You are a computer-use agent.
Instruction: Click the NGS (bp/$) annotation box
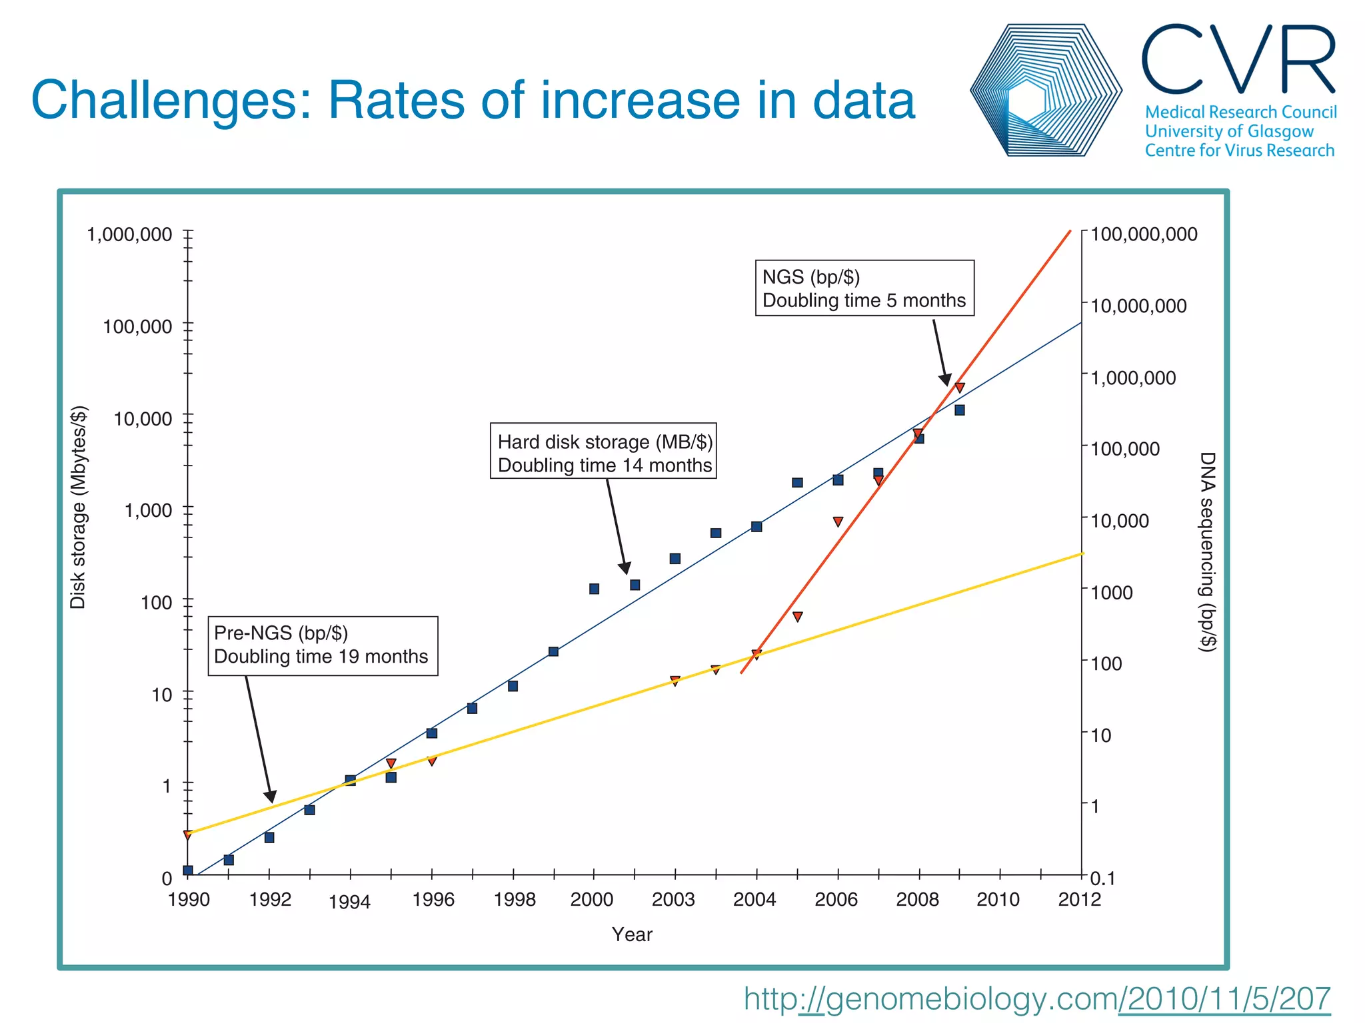864,288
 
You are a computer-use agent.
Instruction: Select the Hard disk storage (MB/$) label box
603,451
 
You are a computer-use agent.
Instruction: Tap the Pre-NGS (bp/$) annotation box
323,645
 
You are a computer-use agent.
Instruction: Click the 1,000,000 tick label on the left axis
129,234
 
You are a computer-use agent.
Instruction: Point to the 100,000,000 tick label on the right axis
1144,234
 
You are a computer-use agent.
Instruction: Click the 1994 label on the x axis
349,902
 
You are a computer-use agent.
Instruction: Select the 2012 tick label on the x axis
1079,900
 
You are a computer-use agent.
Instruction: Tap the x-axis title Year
632,934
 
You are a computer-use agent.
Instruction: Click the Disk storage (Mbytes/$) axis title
78,507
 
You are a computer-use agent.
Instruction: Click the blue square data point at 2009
960,410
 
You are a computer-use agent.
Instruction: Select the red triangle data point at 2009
960,388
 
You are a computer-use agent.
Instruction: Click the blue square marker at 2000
594,589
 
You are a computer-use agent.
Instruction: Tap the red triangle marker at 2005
797,617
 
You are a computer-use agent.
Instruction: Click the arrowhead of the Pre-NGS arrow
271,797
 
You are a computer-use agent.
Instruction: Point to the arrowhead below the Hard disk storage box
625,568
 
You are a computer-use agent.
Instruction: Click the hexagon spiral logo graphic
1045,91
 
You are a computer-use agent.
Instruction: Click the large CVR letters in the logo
1238,60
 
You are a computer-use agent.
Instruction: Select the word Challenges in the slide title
171,101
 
